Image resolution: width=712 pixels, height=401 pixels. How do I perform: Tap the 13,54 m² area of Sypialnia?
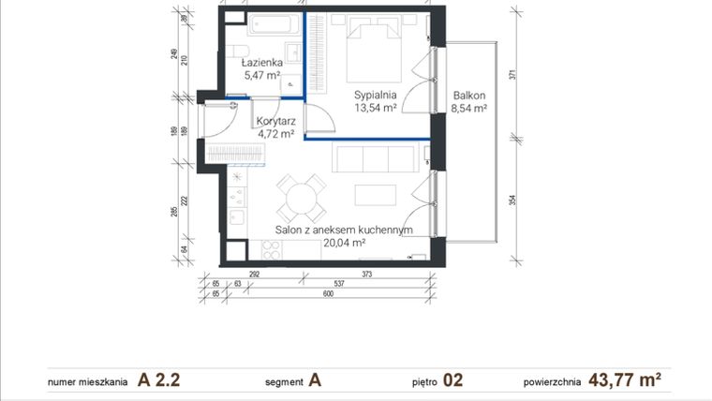point(375,108)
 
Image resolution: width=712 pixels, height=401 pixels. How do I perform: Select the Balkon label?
point(468,95)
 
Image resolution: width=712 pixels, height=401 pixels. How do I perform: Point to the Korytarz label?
point(275,121)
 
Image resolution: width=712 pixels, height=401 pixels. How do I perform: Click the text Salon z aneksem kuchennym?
point(344,230)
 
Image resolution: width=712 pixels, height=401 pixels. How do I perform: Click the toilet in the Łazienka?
point(237,51)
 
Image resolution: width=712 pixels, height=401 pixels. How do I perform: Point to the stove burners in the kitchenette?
point(272,250)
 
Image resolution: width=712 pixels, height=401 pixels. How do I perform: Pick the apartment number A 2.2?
point(159,380)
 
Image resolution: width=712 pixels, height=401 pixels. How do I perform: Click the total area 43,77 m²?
point(625,380)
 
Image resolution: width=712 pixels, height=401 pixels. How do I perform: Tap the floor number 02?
point(452,380)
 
